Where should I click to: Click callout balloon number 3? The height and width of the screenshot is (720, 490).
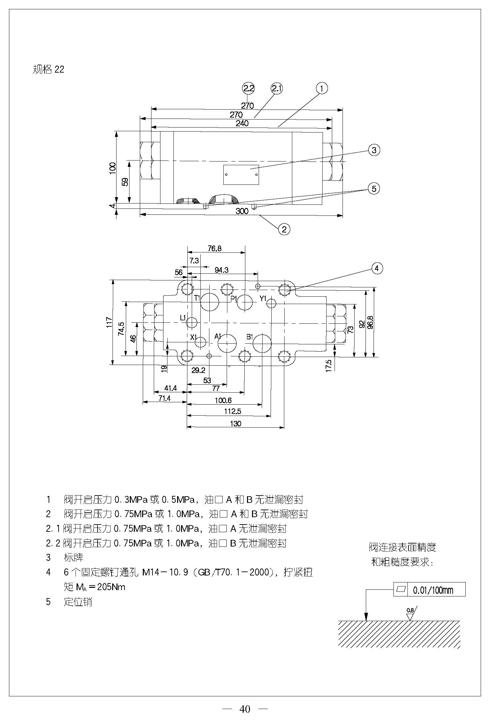374,150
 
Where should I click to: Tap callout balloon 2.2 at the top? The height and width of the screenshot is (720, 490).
248,88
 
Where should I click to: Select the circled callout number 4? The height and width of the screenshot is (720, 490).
377,268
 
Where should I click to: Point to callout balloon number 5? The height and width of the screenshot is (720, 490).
374,189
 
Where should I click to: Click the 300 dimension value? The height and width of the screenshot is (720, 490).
242,211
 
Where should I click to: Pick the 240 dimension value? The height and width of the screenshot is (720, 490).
242,123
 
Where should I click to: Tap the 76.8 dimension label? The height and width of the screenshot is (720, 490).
214,248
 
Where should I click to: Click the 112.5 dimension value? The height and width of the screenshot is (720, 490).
232,411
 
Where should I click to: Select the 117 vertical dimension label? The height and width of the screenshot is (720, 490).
109,322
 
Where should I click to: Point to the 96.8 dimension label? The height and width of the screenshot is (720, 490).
370,322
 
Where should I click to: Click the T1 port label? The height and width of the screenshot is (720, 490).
197,298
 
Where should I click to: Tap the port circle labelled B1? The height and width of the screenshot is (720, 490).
262,343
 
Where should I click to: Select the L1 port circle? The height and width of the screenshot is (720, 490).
192,322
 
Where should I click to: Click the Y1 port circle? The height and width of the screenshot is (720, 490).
272,304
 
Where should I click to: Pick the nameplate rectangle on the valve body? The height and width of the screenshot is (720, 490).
241,175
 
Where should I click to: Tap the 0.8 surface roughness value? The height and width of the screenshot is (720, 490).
410,610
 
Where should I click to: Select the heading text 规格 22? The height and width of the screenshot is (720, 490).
49,69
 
